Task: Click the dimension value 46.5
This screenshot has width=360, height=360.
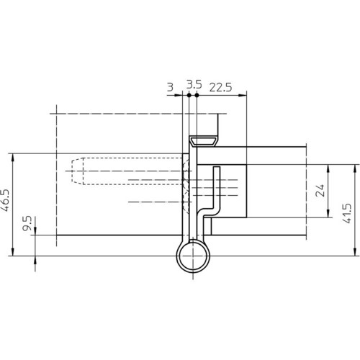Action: [x=5, y=200]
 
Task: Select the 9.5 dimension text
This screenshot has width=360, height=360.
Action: [x=27, y=223]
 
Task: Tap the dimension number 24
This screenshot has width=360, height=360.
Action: [x=320, y=191]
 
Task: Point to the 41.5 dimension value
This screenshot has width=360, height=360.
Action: [x=346, y=213]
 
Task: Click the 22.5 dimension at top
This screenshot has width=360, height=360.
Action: [x=220, y=87]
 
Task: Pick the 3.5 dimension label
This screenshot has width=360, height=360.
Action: [x=194, y=84]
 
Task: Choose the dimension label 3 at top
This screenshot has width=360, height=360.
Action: [x=170, y=87]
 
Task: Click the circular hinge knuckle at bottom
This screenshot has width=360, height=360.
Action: [x=193, y=256]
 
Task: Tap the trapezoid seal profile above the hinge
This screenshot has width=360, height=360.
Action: [x=204, y=141]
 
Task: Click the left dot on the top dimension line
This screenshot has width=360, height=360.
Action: [x=189, y=95]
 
